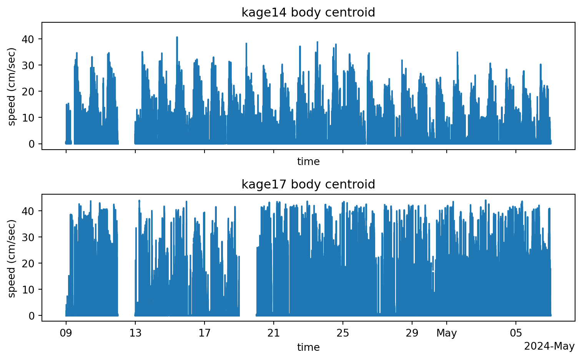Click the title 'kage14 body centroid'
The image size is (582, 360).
pyautogui.click(x=308, y=13)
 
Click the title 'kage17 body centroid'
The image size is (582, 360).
pyautogui.click(x=308, y=185)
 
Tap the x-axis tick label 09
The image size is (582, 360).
pyautogui.click(x=66, y=333)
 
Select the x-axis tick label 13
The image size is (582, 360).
pyautogui.click(x=135, y=333)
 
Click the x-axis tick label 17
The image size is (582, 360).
pyautogui.click(x=205, y=333)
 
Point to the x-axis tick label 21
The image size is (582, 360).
pyautogui.click(x=274, y=333)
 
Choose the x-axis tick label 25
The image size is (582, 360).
pyautogui.click(x=343, y=333)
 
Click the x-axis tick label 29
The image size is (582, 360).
pyautogui.click(x=412, y=333)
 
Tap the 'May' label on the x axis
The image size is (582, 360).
pyautogui.click(x=447, y=333)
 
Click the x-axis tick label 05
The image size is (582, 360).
pyautogui.click(x=516, y=333)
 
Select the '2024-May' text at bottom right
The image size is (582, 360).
pyautogui.click(x=549, y=347)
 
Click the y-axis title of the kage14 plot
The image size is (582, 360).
pyautogui.click(x=12, y=87)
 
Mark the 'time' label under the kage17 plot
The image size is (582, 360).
pyautogui.click(x=308, y=348)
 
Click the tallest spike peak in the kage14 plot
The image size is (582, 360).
pyautogui.click(x=177, y=37)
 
